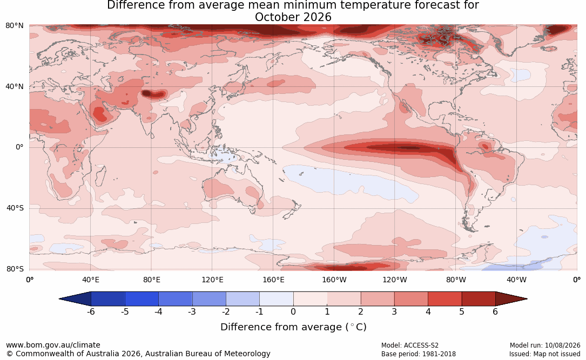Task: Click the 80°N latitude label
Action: tap(14, 26)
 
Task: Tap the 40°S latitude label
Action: tap(15, 208)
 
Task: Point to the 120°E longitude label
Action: tap(212, 280)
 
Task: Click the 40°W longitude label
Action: tap(516, 280)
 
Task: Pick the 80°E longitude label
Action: tap(151, 280)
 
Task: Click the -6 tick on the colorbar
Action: tap(90, 311)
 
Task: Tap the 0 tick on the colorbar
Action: tap(293, 311)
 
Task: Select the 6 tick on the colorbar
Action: tap(495, 311)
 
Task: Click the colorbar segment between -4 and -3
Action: tap(176, 299)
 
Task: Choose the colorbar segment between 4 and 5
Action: tap(444, 299)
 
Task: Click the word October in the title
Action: tap(274, 17)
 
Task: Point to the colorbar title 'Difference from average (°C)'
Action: tap(293, 327)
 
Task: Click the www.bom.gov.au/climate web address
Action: tap(53, 345)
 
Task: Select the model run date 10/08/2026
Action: tap(562, 345)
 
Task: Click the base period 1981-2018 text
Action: tap(439, 354)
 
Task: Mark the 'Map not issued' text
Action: tap(557, 354)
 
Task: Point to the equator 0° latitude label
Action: tap(19, 147)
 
